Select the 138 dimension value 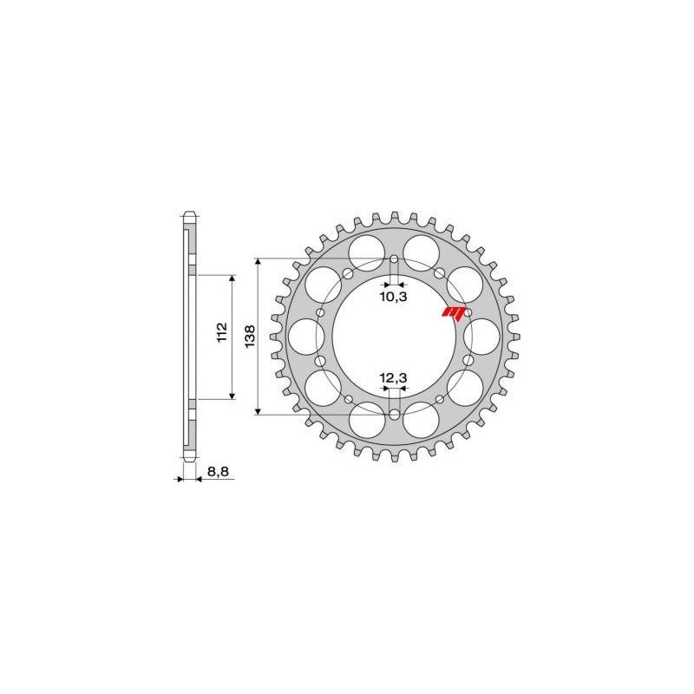249,337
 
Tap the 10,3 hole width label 395,297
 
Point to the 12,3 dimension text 395,377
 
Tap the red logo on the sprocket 455,312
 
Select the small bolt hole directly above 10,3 395,260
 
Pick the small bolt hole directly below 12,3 395,414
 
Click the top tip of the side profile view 188,211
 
